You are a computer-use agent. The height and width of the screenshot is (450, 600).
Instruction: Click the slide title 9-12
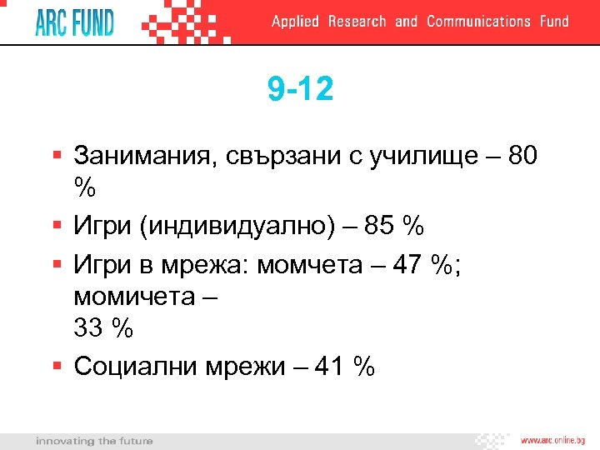tap(300, 89)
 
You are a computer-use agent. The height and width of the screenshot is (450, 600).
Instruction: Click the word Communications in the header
tap(478, 22)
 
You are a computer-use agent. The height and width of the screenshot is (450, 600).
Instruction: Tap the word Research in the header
tap(357, 22)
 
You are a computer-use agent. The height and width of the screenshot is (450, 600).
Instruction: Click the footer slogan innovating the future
tap(94, 440)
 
